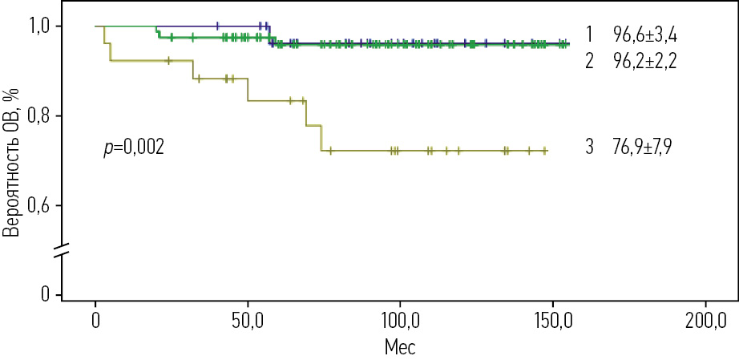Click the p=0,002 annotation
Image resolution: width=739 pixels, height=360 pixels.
coord(134,148)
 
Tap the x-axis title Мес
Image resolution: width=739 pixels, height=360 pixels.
coord(399,348)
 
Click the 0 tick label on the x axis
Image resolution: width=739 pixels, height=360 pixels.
coord(95,322)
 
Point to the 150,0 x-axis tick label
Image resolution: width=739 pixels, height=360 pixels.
coord(552,322)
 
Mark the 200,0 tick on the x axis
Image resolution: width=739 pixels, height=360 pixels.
coord(705,322)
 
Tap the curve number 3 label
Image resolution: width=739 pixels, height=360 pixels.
coord(589,148)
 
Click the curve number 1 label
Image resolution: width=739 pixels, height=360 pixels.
coord(589,35)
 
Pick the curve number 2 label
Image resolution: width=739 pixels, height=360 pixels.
coord(589,63)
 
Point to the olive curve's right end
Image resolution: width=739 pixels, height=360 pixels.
coord(546,151)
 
